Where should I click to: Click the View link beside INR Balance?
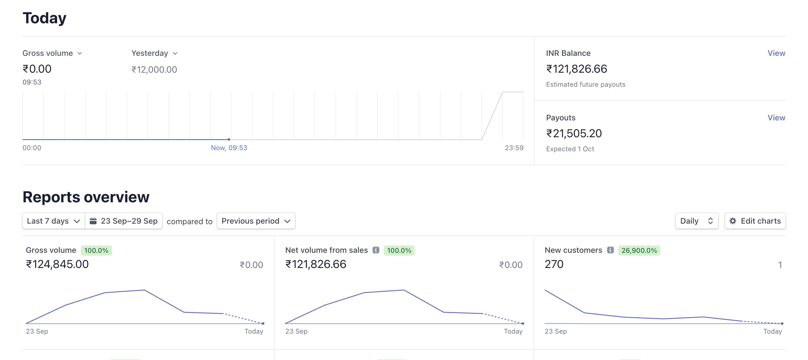[776, 53]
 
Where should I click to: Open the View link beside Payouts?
[776, 118]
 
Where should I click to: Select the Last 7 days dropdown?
[53, 221]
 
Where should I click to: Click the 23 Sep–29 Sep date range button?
[123, 221]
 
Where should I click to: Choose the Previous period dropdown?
[256, 221]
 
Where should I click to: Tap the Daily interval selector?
[697, 221]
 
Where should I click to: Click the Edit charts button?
[755, 221]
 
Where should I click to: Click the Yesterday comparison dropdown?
[154, 53]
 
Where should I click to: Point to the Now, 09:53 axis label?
[229, 148]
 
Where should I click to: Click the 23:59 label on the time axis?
[514, 148]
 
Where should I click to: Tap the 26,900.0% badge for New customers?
[639, 250]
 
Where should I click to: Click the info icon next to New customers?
[610, 250]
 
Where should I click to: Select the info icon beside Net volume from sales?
[376, 250]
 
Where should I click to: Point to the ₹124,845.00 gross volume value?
[58, 264]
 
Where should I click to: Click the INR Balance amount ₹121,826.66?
[577, 69]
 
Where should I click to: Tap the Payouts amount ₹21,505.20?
[574, 133]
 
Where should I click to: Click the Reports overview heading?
[86, 197]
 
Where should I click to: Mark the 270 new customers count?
[554, 264]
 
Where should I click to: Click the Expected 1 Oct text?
[570, 149]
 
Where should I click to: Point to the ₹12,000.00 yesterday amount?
[154, 69]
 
